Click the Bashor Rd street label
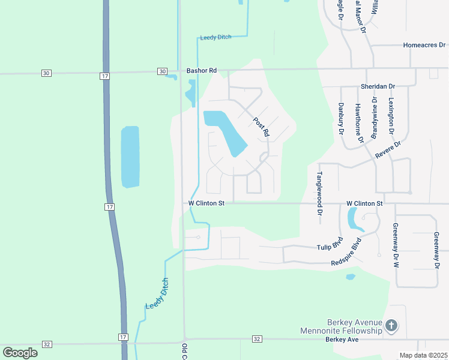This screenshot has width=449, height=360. tap(201, 71)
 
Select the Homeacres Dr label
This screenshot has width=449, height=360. tap(425, 45)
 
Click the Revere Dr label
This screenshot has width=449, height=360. tap(388, 149)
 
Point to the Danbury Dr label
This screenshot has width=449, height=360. tap(340, 118)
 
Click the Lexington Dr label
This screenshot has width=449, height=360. tap(391, 116)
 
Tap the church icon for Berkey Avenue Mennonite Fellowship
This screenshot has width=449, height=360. tap(391, 326)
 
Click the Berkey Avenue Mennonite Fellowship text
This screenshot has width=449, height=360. tap(346, 326)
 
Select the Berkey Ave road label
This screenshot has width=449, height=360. tap(342, 340)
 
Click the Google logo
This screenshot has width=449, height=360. tap(20, 352)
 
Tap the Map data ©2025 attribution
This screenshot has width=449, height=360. tap(423, 355)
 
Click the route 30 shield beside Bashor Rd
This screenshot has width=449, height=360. tap(162, 71)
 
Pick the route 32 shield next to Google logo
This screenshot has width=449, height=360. tap(47, 344)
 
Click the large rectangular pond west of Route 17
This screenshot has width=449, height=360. tap(130, 157)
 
